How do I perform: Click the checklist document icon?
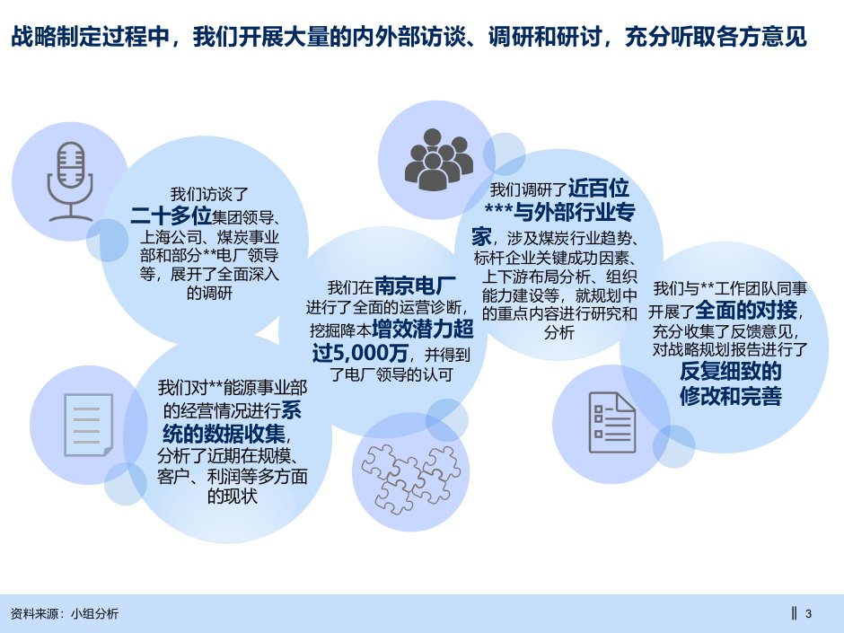(612, 423)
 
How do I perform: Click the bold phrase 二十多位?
(171, 215)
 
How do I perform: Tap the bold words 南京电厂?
(415, 286)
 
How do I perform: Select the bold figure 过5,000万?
(359, 353)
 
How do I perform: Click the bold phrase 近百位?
(599, 189)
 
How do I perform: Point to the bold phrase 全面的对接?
(746, 311)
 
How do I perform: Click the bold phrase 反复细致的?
(730, 372)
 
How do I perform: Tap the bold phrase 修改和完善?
(730, 396)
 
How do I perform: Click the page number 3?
(808, 613)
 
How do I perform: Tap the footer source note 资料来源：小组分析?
(65, 613)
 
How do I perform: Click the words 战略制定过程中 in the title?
(90, 37)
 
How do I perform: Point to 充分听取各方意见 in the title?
(716, 37)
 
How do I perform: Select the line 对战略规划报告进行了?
(730, 349)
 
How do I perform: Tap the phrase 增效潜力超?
(423, 329)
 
